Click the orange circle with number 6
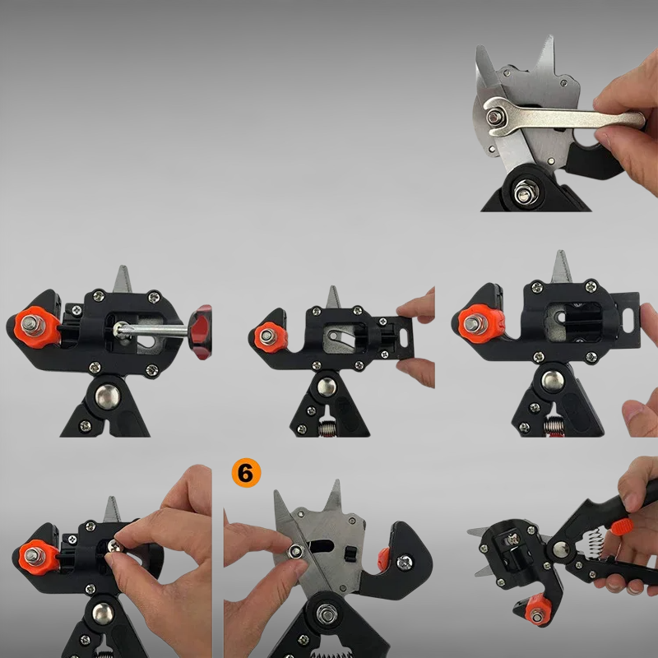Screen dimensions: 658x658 tap(246, 473)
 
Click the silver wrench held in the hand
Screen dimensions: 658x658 tap(563, 117)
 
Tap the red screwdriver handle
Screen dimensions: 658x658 tap(201, 332)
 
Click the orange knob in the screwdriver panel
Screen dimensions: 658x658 tap(37, 327)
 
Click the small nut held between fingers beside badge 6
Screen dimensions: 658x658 tap(296, 550)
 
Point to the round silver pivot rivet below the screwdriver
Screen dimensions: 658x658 tap(108, 396)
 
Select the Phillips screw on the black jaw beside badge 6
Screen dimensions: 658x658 tap(405, 563)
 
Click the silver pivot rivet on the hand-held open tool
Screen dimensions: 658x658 tap(562, 549)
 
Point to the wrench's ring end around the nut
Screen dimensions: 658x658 tap(496, 117)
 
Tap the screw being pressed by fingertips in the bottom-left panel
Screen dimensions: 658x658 tap(114, 546)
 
